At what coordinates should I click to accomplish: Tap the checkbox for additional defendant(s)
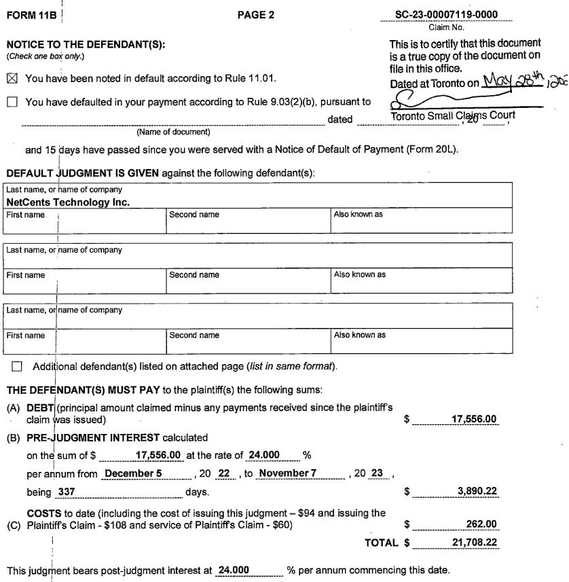(x=17, y=367)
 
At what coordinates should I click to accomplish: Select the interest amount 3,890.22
(x=476, y=489)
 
